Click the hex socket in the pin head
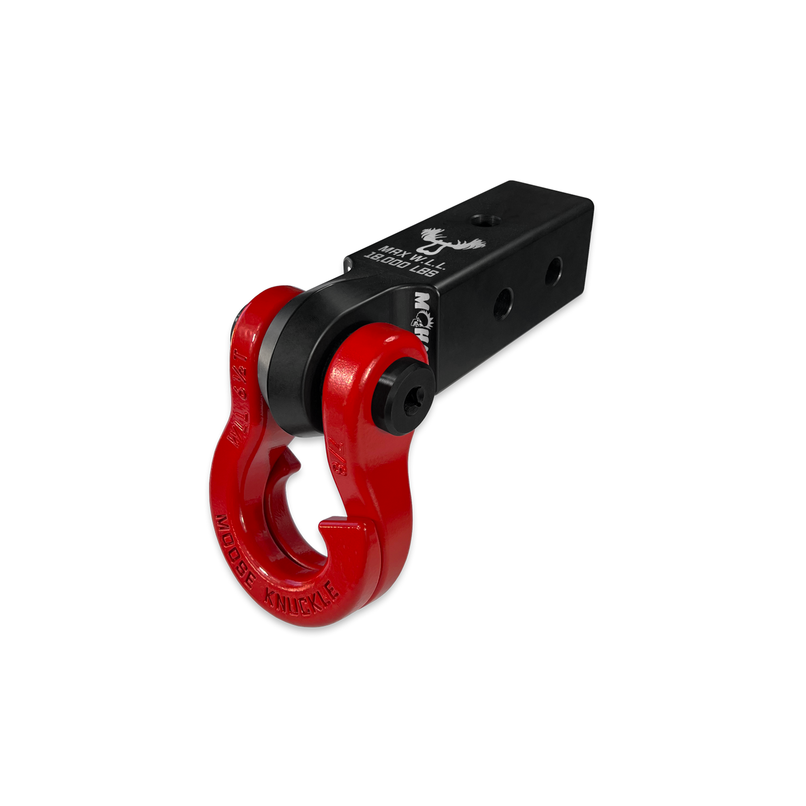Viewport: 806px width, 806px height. tap(413, 398)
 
